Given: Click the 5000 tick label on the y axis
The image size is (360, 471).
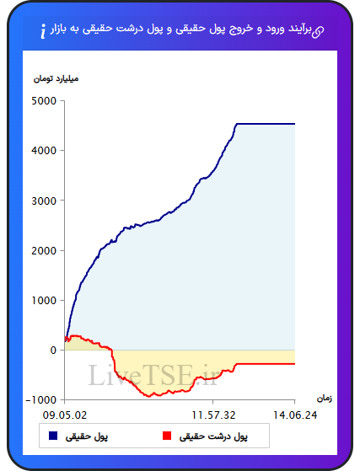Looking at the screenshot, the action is tap(44, 101).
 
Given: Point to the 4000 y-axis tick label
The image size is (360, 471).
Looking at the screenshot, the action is tap(44, 151).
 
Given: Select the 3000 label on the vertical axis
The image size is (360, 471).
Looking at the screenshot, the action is tap(44, 201).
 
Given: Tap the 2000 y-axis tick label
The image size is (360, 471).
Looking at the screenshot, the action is tap(44, 250).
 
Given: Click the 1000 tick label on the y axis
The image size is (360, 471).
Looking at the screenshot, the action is tap(44, 301).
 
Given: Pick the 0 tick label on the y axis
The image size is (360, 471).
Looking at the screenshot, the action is tap(53, 351).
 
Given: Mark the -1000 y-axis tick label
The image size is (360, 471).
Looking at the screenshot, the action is tap(41, 400).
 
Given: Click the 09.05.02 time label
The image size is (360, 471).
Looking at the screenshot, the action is tap(65, 415).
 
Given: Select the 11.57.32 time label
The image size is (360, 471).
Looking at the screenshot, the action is tap(213, 415).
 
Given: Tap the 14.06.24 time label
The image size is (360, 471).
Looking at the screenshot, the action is tap(295, 415).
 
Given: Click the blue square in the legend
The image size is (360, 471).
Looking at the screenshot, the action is tap(53, 436).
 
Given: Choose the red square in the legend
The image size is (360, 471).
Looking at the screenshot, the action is tap(167, 436).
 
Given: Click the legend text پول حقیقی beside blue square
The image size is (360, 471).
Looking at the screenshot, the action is tap(87, 436).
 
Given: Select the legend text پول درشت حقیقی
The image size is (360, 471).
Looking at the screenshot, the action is tap(213, 436).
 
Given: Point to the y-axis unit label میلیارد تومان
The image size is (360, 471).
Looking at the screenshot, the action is tap(56, 79).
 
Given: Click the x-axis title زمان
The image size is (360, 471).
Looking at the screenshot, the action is tap(325, 399).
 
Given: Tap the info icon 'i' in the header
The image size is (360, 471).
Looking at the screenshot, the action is tap(43, 31).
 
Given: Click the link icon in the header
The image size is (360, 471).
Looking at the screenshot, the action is tap(317, 31).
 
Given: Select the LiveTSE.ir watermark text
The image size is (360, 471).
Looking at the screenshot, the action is tap(153, 375).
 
